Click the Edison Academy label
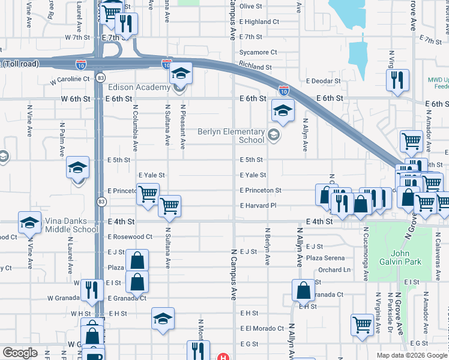[139, 88]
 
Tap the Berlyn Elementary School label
[232, 136]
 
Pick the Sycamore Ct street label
[258, 52]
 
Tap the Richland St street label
[255, 67]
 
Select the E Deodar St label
[323, 81]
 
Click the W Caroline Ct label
[70, 79]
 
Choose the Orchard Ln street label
[334, 269]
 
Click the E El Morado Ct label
[262, 328]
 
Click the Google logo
[20, 353]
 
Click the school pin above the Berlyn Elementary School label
[283, 110]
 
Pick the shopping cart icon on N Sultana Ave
[170, 206]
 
